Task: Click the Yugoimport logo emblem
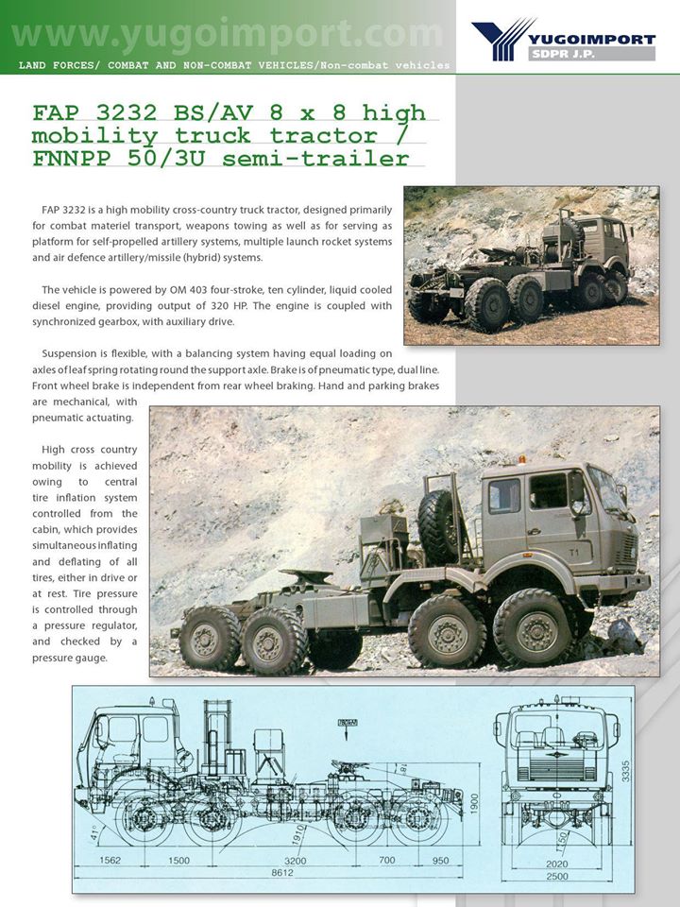503,39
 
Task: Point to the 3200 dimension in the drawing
295,862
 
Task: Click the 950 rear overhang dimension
440,862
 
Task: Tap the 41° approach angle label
93,834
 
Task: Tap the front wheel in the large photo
531,626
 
